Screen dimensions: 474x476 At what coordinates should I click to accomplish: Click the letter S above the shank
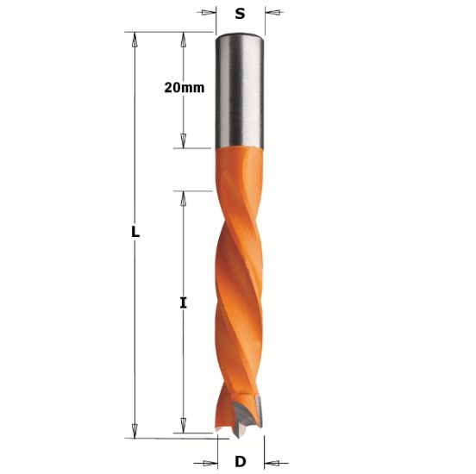(x=240, y=13)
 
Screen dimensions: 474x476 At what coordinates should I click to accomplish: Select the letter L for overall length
(x=135, y=232)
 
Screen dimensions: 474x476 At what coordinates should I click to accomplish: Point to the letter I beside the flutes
(x=182, y=302)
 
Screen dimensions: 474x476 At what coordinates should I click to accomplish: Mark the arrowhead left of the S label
(x=209, y=13)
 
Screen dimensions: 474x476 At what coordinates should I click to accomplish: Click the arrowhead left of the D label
(x=208, y=461)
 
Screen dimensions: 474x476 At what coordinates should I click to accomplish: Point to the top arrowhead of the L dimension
(x=135, y=38)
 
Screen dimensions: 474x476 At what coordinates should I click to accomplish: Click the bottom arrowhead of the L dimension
(x=135, y=432)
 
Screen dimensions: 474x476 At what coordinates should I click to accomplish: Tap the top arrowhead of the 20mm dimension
(x=182, y=38)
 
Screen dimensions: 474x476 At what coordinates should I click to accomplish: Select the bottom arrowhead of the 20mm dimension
(x=182, y=142)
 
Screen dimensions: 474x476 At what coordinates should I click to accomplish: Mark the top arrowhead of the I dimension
(x=182, y=196)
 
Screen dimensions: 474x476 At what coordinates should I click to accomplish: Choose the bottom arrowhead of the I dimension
(x=182, y=427)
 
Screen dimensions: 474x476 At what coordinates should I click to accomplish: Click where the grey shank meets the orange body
(x=239, y=147)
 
